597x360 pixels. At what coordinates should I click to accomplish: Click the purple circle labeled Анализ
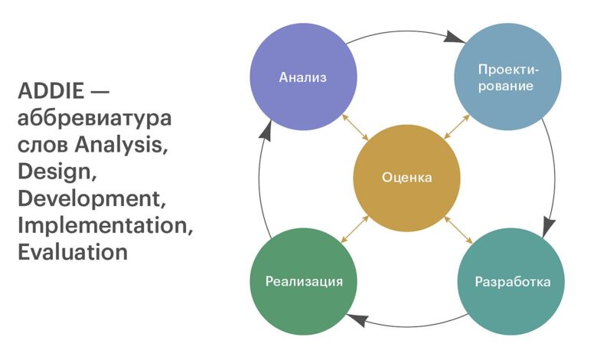(x=304, y=77)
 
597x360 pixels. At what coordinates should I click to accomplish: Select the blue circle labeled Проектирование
(x=507, y=77)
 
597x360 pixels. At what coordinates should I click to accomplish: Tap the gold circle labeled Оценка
(x=406, y=178)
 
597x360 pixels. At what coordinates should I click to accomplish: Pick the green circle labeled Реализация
(x=304, y=280)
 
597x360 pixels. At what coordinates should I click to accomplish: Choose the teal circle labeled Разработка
(x=511, y=280)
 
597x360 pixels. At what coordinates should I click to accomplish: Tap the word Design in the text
(x=55, y=172)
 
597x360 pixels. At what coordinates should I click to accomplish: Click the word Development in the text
(x=90, y=198)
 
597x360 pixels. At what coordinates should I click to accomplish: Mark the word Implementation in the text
(x=103, y=225)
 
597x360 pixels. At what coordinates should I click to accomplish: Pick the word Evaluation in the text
(x=72, y=252)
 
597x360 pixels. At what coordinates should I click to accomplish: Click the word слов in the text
(x=42, y=145)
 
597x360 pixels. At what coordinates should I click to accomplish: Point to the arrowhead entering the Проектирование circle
(x=455, y=37)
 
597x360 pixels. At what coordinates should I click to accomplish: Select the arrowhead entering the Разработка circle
(x=549, y=226)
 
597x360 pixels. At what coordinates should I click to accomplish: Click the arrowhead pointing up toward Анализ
(x=265, y=131)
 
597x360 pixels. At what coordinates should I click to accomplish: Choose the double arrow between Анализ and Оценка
(x=354, y=126)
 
